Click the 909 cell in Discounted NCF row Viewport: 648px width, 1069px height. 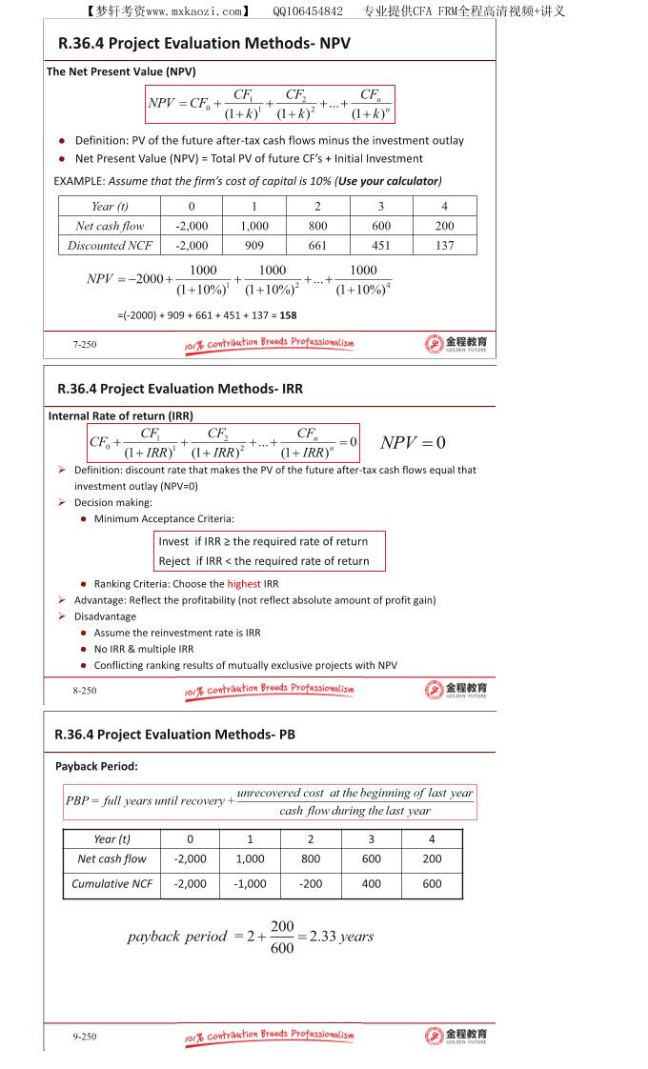tap(254, 246)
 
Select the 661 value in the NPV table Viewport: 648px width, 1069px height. tap(317, 246)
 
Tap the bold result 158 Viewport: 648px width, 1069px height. tap(289, 314)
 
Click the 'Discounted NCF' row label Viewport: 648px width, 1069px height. tap(111, 246)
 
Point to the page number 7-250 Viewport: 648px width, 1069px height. tap(85, 345)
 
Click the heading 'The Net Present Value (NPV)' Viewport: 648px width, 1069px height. tap(121, 71)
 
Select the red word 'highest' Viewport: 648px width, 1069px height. tap(243, 584)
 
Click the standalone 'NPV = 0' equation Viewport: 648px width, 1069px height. tap(413, 442)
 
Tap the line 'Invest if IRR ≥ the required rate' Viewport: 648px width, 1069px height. tap(263, 541)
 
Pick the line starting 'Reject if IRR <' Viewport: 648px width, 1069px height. tap(264, 561)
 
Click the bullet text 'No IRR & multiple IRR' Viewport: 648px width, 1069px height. tap(144, 649)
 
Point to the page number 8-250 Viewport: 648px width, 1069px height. tap(85, 690)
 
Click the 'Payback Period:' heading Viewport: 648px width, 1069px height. tap(96, 766)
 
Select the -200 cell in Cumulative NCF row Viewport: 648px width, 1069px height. tap(311, 884)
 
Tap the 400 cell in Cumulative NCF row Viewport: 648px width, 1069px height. tap(371, 884)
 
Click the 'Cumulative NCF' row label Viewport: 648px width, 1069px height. tap(111, 884)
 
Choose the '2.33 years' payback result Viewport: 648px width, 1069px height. tap(341, 937)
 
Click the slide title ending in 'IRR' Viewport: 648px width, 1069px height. tap(180, 389)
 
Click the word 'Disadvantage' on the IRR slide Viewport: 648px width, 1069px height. tap(105, 616)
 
